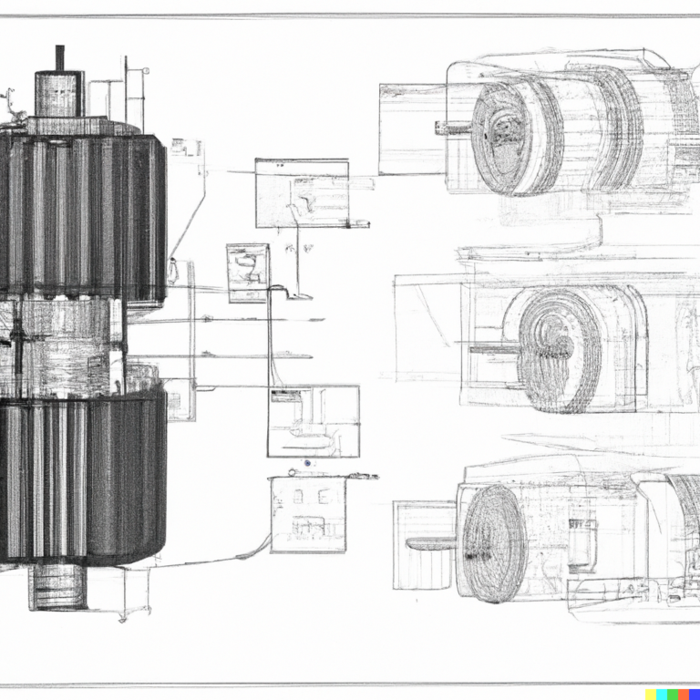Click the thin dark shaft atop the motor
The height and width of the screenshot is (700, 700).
click(x=60, y=57)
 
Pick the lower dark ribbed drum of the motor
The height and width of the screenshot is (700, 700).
click(x=82, y=474)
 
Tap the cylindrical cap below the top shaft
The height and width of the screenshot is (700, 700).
click(x=59, y=94)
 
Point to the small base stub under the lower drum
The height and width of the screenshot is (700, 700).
click(x=58, y=587)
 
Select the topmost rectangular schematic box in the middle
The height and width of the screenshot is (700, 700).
click(x=302, y=193)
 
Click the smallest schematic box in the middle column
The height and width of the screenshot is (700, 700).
click(x=248, y=272)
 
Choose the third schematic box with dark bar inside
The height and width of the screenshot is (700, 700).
click(x=313, y=421)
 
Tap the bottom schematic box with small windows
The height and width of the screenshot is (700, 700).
click(x=309, y=514)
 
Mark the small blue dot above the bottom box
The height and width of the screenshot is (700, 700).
click(x=308, y=464)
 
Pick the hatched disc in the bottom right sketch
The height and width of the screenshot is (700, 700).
click(x=494, y=543)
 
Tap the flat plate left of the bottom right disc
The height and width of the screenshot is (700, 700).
click(x=430, y=544)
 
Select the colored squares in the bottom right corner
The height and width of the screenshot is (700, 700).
click(x=672, y=694)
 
